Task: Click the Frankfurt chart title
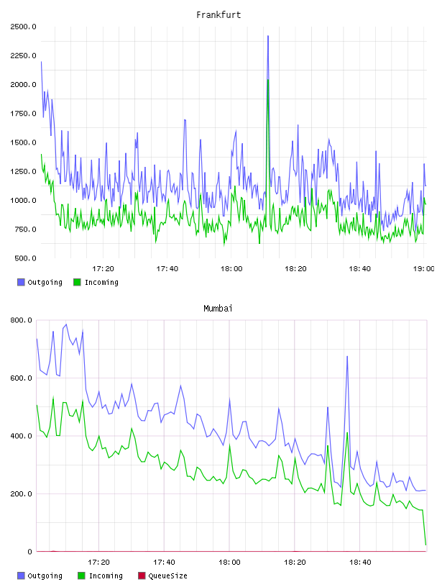click(218, 15)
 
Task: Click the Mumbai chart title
click(218, 309)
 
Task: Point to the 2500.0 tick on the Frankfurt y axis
click(23, 27)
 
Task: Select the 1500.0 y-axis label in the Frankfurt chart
click(23, 142)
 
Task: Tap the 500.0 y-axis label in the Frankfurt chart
click(25, 258)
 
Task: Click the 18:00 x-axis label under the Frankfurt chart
click(231, 268)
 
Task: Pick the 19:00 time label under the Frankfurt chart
click(423, 268)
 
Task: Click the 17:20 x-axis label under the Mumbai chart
click(98, 562)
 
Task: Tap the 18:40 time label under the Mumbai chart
click(360, 562)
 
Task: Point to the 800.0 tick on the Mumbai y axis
click(21, 320)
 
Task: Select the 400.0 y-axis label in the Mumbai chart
click(21, 436)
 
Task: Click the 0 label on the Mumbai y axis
click(29, 552)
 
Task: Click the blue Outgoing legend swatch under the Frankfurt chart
click(21, 282)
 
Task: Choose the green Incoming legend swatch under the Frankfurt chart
click(77, 282)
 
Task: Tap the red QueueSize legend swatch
click(142, 575)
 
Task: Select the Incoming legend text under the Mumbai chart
click(106, 575)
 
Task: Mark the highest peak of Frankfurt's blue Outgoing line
click(268, 36)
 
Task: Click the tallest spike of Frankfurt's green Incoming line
click(268, 80)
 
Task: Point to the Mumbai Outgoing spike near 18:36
click(347, 356)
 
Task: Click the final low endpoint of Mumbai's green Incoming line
click(425, 545)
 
